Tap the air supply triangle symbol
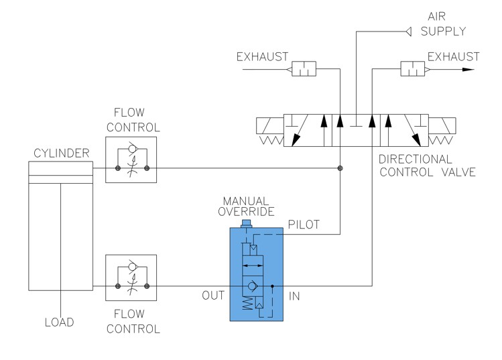(407, 31)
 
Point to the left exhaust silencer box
(304, 69)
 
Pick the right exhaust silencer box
(410, 69)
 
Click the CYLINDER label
(62, 155)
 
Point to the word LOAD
(59, 322)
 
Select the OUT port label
(214, 294)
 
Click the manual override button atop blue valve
(245, 223)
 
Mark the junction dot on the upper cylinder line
(340, 168)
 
